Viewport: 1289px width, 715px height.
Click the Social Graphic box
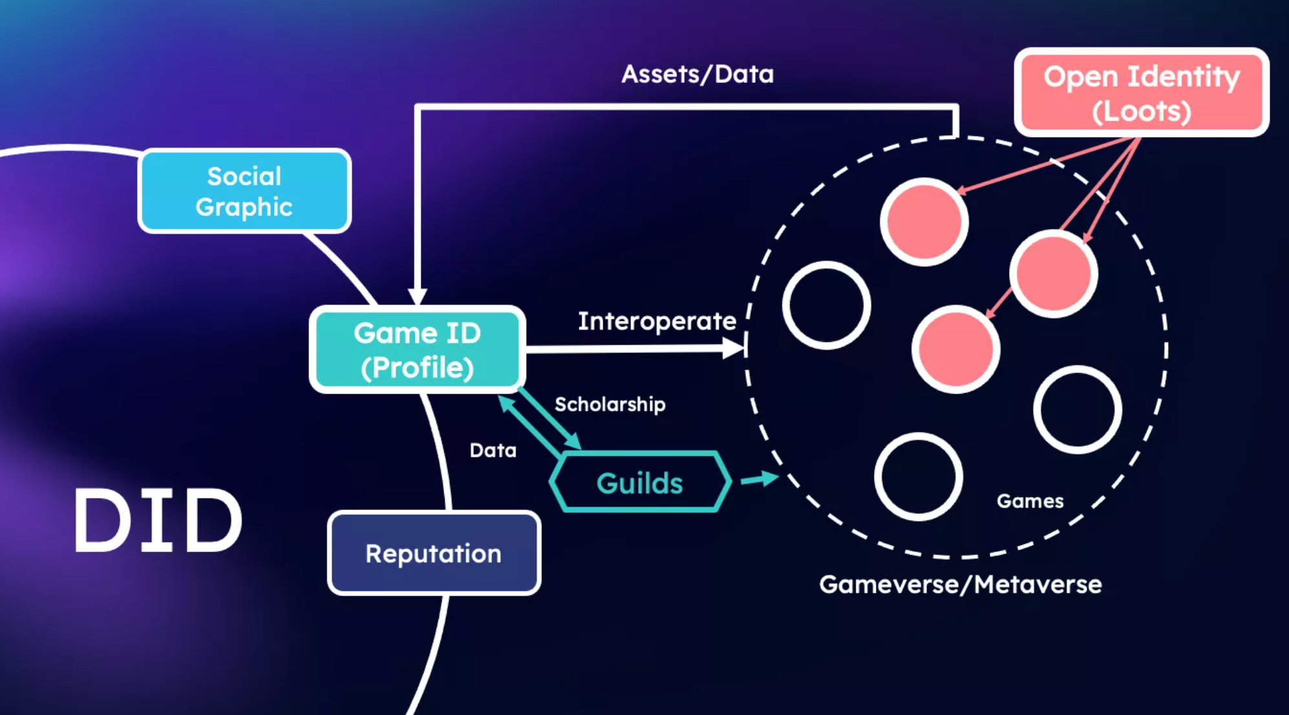[x=244, y=191]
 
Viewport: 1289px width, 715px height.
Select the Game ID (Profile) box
[x=418, y=350]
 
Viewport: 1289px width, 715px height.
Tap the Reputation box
[x=434, y=553]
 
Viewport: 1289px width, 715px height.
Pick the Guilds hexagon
[x=640, y=482]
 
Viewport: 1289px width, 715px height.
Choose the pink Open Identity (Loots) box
[x=1142, y=92]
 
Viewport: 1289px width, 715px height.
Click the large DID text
[x=158, y=521]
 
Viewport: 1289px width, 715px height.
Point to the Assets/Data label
[x=698, y=74]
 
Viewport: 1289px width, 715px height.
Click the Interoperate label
[x=657, y=321]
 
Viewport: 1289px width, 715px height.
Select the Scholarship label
[x=610, y=404]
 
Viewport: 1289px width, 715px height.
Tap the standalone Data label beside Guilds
[x=493, y=450]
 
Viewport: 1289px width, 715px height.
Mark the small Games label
[x=1030, y=501]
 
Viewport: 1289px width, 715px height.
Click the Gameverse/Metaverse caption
[x=961, y=584]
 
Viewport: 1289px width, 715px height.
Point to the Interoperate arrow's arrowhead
[x=734, y=349]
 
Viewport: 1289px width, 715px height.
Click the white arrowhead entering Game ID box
[x=418, y=297]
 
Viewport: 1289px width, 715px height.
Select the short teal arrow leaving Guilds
[x=760, y=479]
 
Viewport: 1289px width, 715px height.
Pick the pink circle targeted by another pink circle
[x=956, y=350]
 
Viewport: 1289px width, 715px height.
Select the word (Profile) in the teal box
[x=418, y=368]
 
